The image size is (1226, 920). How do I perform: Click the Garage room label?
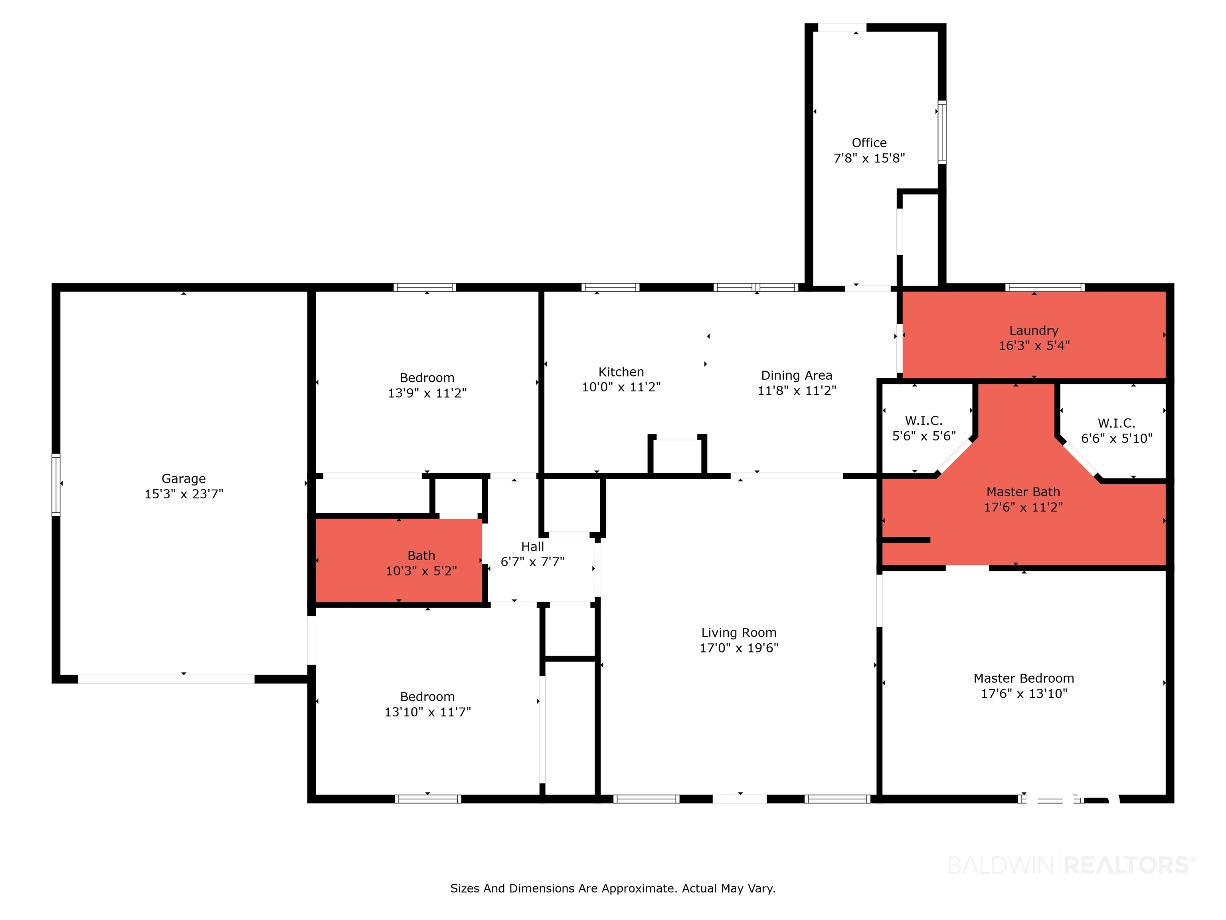(x=184, y=479)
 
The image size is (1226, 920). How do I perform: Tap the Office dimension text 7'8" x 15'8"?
(x=869, y=158)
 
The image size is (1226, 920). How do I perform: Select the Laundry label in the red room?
(x=1034, y=331)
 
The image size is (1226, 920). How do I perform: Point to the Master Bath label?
(x=1023, y=492)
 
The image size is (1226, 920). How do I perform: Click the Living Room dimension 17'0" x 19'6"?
(x=739, y=648)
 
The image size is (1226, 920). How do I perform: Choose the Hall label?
(x=533, y=547)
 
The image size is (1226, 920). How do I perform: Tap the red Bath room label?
(x=421, y=556)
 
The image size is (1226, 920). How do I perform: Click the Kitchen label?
(x=621, y=372)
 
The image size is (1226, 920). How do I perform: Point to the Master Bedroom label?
(x=1024, y=678)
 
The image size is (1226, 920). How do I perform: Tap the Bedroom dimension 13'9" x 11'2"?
(x=427, y=393)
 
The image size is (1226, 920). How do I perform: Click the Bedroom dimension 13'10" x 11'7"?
(x=427, y=712)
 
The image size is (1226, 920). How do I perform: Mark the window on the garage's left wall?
(x=56, y=485)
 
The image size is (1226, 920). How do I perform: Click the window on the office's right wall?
(x=942, y=132)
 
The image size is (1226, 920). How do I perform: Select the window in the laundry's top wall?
(x=1045, y=287)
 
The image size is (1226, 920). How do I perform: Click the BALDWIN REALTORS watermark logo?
(x=1072, y=864)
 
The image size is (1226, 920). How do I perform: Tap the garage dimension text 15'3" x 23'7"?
(x=184, y=494)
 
